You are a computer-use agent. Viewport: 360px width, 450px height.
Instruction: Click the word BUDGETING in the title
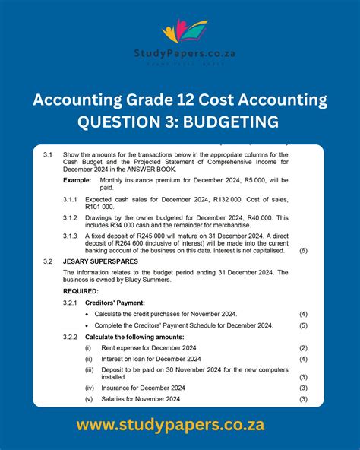pyautogui.click(x=235, y=122)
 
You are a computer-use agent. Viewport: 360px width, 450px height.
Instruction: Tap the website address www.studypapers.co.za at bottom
pyautogui.click(x=180, y=424)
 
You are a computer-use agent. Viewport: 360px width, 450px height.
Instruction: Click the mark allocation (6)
pyautogui.click(x=303, y=250)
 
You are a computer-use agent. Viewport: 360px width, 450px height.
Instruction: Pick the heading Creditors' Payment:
pyautogui.click(x=115, y=303)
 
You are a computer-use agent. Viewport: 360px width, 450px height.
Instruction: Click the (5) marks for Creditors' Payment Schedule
pyautogui.click(x=303, y=325)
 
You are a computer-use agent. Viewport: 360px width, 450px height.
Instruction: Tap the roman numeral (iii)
pyautogui.click(x=90, y=370)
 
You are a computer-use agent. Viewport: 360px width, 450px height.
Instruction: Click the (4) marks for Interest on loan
pyautogui.click(x=303, y=359)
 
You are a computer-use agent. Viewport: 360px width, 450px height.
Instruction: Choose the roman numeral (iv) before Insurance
pyautogui.click(x=90, y=388)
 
